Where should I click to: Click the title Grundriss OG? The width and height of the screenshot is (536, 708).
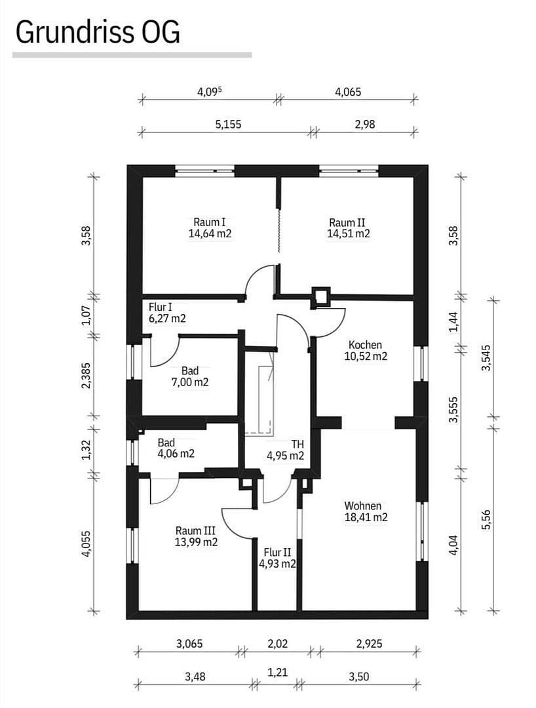pos(97,31)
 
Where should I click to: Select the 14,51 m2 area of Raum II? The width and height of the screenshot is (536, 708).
pos(349,233)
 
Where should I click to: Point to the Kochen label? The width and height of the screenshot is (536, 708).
pos(365,345)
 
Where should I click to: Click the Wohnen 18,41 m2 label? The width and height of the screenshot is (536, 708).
pos(366,511)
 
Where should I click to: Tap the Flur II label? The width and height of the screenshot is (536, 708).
pos(278,553)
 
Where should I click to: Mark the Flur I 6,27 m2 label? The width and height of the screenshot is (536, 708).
pos(166,313)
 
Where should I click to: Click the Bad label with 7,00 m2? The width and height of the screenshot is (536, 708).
pos(189,377)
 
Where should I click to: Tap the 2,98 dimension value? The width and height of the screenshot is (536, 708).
pos(365,124)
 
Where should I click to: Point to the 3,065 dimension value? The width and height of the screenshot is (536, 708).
pos(189,644)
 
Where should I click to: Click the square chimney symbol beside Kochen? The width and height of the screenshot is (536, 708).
pos(321,296)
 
